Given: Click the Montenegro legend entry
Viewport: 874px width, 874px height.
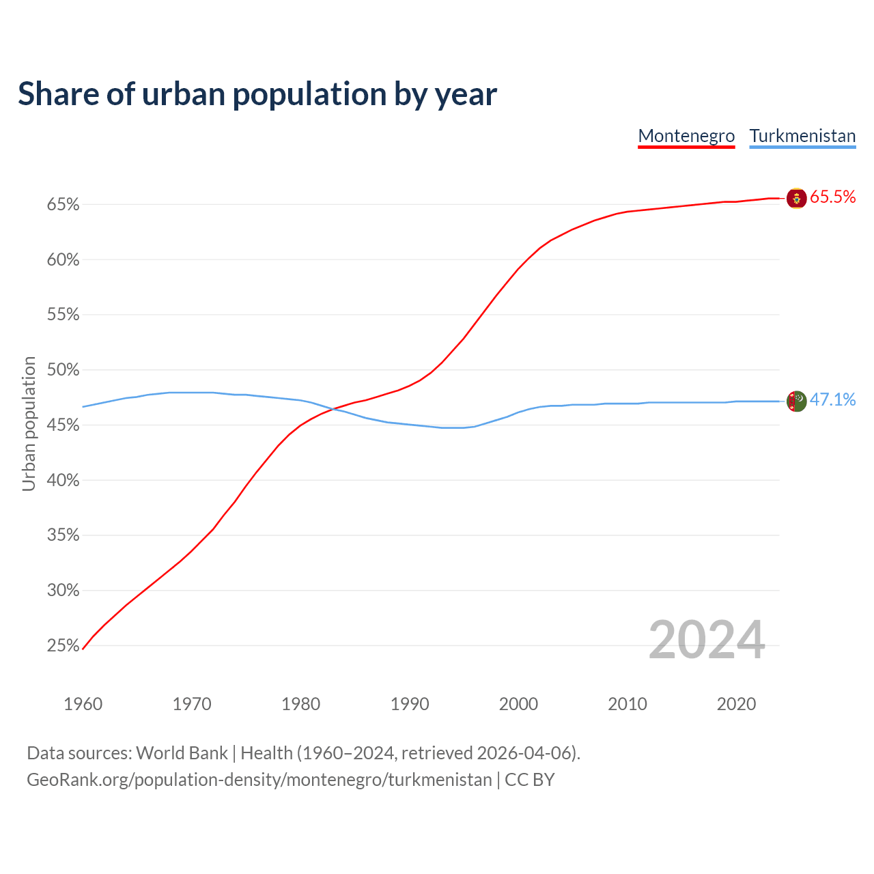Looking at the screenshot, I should pyautogui.click(x=686, y=136).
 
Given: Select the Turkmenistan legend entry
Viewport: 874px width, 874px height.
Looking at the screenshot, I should pyautogui.click(x=802, y=136).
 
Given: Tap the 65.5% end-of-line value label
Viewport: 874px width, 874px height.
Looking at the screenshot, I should pyautogui.click(x=832, y=197).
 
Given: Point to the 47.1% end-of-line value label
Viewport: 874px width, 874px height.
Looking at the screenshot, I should pyautogui.click(x=832, y=400).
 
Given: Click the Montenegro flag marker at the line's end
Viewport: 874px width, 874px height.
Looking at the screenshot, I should pyautogui.click(x=796, y=198).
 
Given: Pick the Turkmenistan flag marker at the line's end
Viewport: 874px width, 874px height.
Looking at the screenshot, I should pyautogui.click(x=796, y=401).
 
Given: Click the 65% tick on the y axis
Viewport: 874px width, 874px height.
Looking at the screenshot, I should pyautogui.click(x=64, y=205).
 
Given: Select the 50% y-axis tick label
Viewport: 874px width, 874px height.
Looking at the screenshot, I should pyautogui.click(x=64, y=370).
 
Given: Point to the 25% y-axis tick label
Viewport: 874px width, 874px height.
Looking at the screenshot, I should pyautogui.click(x=64, y=645).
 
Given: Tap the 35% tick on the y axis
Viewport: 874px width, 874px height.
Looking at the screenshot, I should pyautogui.click(x=64, y=535).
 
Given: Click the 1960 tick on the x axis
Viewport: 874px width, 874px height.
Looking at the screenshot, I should pyautogui.click(x=83, y=704).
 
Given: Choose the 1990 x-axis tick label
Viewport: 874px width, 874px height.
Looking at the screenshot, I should pyautogui.click(x=410, y=704).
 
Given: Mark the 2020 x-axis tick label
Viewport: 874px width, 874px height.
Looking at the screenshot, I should pyautogui.click(x=736, y=704).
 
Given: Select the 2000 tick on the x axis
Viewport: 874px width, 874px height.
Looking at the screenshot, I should pyautogui.click(x=518, y=704).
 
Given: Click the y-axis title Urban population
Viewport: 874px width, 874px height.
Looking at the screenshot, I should pyautogui.click(x=29, y=423).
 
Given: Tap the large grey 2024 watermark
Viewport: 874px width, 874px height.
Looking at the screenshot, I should pyautogui.click(x=707, y=640).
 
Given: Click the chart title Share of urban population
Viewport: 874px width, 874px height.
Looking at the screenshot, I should pyautogui.click(x=257, y=94).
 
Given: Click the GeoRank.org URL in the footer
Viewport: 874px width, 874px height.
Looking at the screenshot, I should pyautogui.click(x=259, y=780).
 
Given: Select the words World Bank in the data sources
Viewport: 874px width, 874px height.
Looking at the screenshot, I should pyautogui.click(x=182, y=753).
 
